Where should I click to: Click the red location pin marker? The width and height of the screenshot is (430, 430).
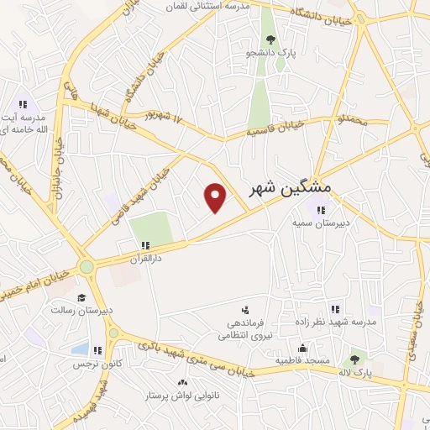[x=216, y=197]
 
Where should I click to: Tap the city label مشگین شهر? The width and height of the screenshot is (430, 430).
[x=290, y=186]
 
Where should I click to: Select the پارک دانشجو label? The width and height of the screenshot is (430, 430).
[x=270, y=54]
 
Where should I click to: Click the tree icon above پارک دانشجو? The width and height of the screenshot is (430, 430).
[x=270, y=39]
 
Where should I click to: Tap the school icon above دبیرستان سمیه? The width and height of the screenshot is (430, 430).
[x=320, y=210]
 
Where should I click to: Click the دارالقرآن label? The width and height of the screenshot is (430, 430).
[x=144, y=259]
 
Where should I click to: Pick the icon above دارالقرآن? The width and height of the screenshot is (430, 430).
[x=145, y=244]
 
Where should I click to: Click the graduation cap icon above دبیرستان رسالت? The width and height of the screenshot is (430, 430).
[x=81, y=297]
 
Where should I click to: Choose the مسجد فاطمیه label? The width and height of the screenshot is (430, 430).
[x=301, y=360]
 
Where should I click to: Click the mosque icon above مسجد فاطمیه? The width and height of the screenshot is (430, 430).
[x=302, y=347]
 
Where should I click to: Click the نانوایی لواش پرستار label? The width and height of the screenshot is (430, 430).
[x=172, y=395]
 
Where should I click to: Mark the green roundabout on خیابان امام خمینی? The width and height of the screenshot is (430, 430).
[x=87, y=267]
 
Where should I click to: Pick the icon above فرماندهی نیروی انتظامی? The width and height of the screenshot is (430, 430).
[x=245, y=309]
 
